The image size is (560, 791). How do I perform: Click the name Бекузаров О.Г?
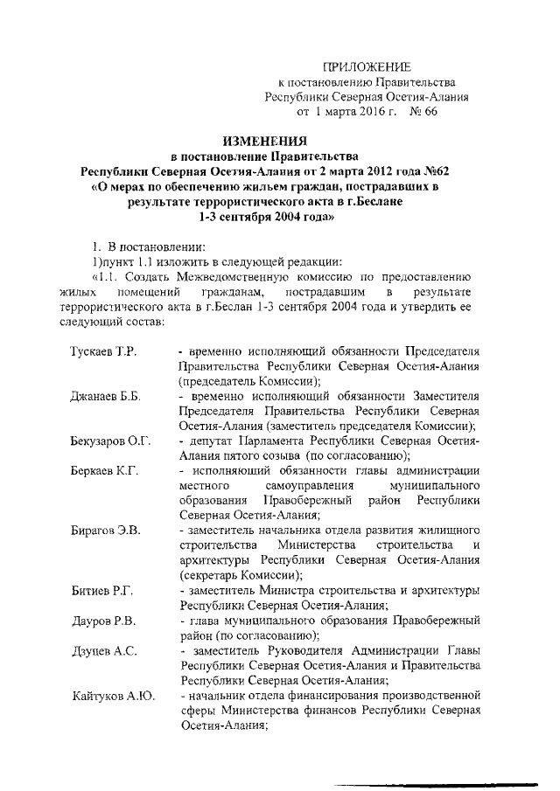coord(111,441)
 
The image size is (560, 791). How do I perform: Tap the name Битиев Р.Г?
coord(101,591)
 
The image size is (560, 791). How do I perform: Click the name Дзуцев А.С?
coord(103,651)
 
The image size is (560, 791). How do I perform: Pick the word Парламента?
coord(273,441)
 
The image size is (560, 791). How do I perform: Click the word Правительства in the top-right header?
coord(410,82)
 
